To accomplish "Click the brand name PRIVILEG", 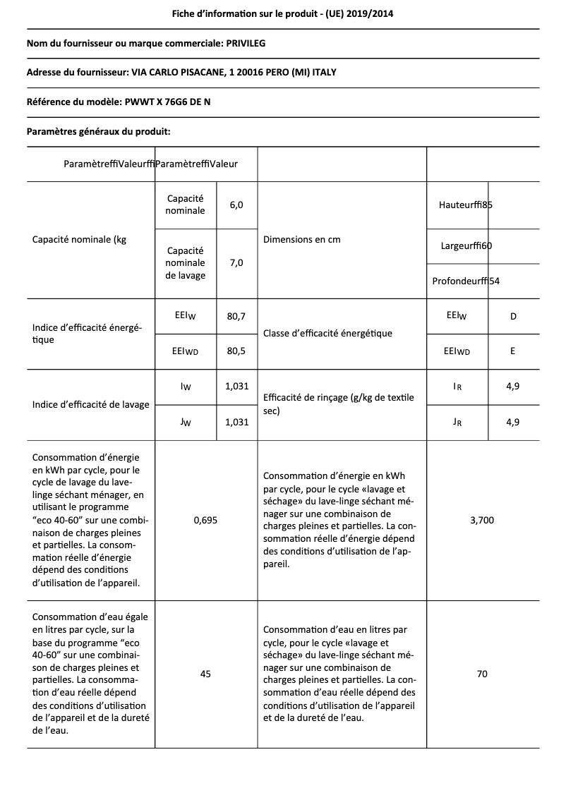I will (x=246, y=44).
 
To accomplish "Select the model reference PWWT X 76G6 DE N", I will (x=167, y=102).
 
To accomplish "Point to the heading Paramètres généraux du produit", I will (x=98, y=131).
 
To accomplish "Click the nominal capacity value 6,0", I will (x=236, y=205).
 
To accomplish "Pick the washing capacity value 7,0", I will (x=236, y=262).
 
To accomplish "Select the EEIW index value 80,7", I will (x=236, y=316).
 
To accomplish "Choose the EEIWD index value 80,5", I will (x=236, y=351).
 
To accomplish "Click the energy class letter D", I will (x=513, y=316).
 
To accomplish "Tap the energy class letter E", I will (x=513, y=351).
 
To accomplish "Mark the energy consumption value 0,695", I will (x=205, y=520).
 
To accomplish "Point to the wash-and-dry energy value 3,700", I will (x=482, y=520).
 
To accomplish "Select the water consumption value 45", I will (x=205, y=674).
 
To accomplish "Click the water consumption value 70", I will (x=482, y=674).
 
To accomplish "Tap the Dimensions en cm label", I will (x=301, y=239).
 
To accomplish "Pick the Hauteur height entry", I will (x=465, y=205).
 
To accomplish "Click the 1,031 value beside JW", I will (x=236, y=422).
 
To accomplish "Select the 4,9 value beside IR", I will (x=513, y=387).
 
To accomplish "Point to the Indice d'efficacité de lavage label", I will (x=91, y=404).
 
